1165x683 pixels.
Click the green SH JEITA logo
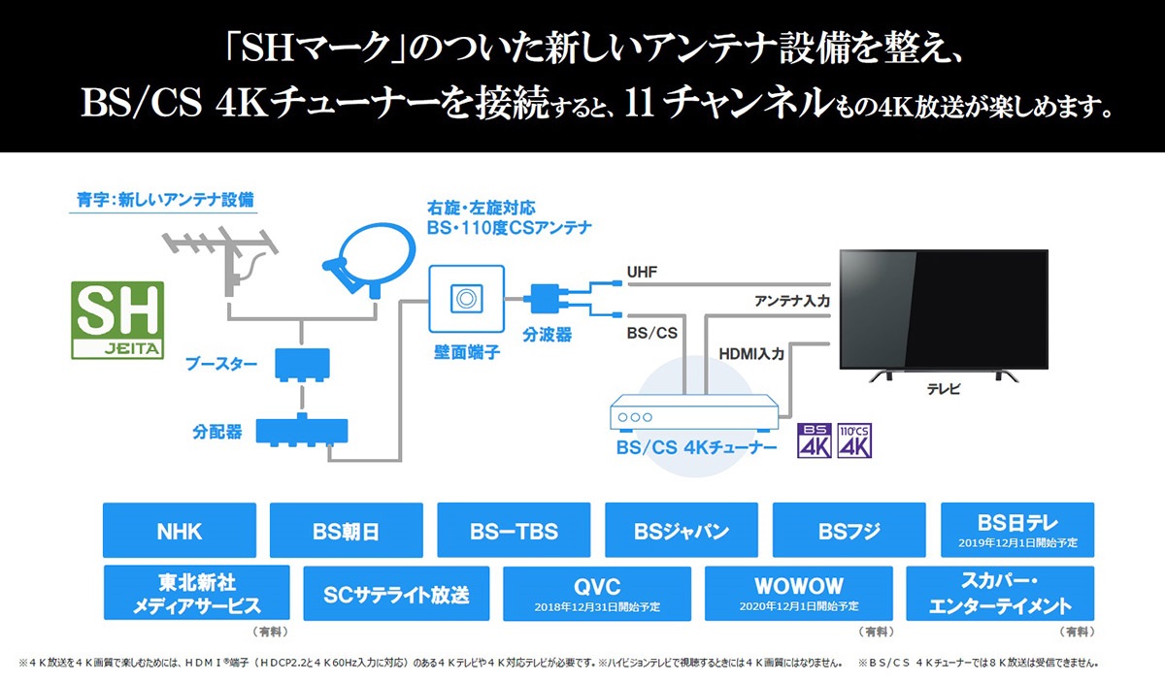point(117,320)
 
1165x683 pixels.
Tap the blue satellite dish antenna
point(370,259)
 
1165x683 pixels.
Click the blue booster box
point(302,364)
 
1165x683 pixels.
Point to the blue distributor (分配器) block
point(302,431)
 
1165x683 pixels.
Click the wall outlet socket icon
point(467,299)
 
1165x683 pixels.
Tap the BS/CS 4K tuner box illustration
point(694,412)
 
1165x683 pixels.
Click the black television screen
point(944,309)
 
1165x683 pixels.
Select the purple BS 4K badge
point(815,440)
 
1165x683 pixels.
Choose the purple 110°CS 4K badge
point(854,440)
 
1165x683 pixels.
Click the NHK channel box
point(180,530)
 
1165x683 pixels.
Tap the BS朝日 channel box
point(347,530)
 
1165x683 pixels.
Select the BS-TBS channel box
point(514,530)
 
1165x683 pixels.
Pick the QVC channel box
point(597,593)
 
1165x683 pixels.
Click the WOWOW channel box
point(799,593)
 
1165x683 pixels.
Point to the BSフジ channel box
point(849,530)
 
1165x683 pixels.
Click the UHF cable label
point(642,272)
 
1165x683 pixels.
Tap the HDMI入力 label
point(751,354)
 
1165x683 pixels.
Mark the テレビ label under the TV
point(944,389)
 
